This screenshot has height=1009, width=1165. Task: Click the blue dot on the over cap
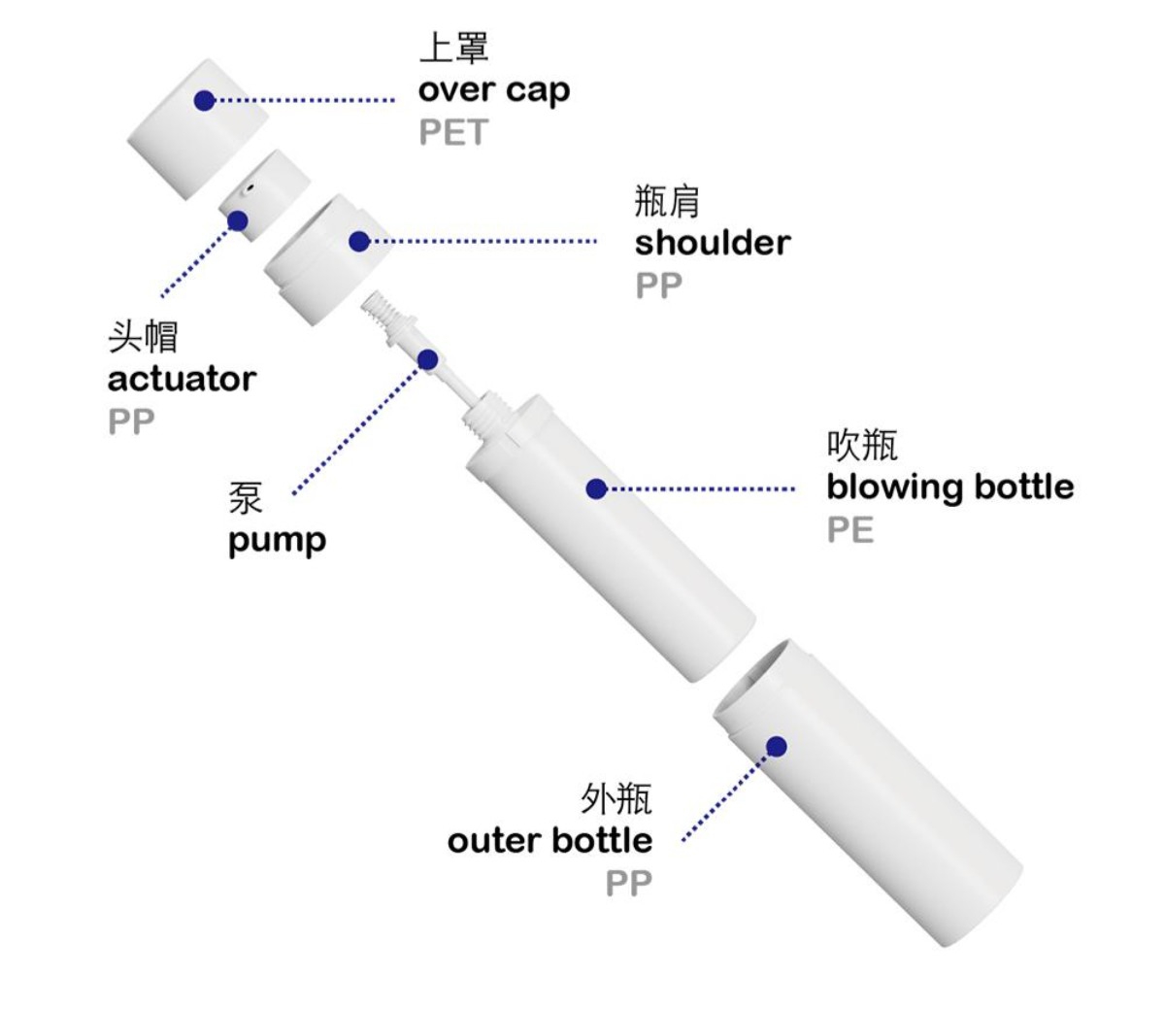point(205,100)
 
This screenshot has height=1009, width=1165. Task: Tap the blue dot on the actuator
point(237,221)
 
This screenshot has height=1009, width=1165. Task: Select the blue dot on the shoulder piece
point(359,241)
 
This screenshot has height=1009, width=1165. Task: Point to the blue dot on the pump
point(428,358)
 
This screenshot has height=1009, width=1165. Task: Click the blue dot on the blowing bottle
point(596,488)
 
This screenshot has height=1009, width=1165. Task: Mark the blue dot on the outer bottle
point(777,747)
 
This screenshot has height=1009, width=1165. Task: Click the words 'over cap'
point(494,90)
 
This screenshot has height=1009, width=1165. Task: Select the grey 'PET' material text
point(452,132)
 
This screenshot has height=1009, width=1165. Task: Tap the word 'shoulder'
point(713,243)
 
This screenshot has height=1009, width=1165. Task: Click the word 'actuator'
point(182,379)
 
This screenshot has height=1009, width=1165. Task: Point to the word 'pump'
point(277,542)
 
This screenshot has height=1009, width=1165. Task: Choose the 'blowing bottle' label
point(950,488)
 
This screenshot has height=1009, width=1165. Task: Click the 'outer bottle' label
point(550,841)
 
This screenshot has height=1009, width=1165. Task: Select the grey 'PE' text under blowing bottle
point(849,529)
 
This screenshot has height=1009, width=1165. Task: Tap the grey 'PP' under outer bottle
point(628,883)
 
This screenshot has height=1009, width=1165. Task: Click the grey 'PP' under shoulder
point(658,286)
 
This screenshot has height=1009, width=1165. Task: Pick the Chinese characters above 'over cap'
point(453,48)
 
